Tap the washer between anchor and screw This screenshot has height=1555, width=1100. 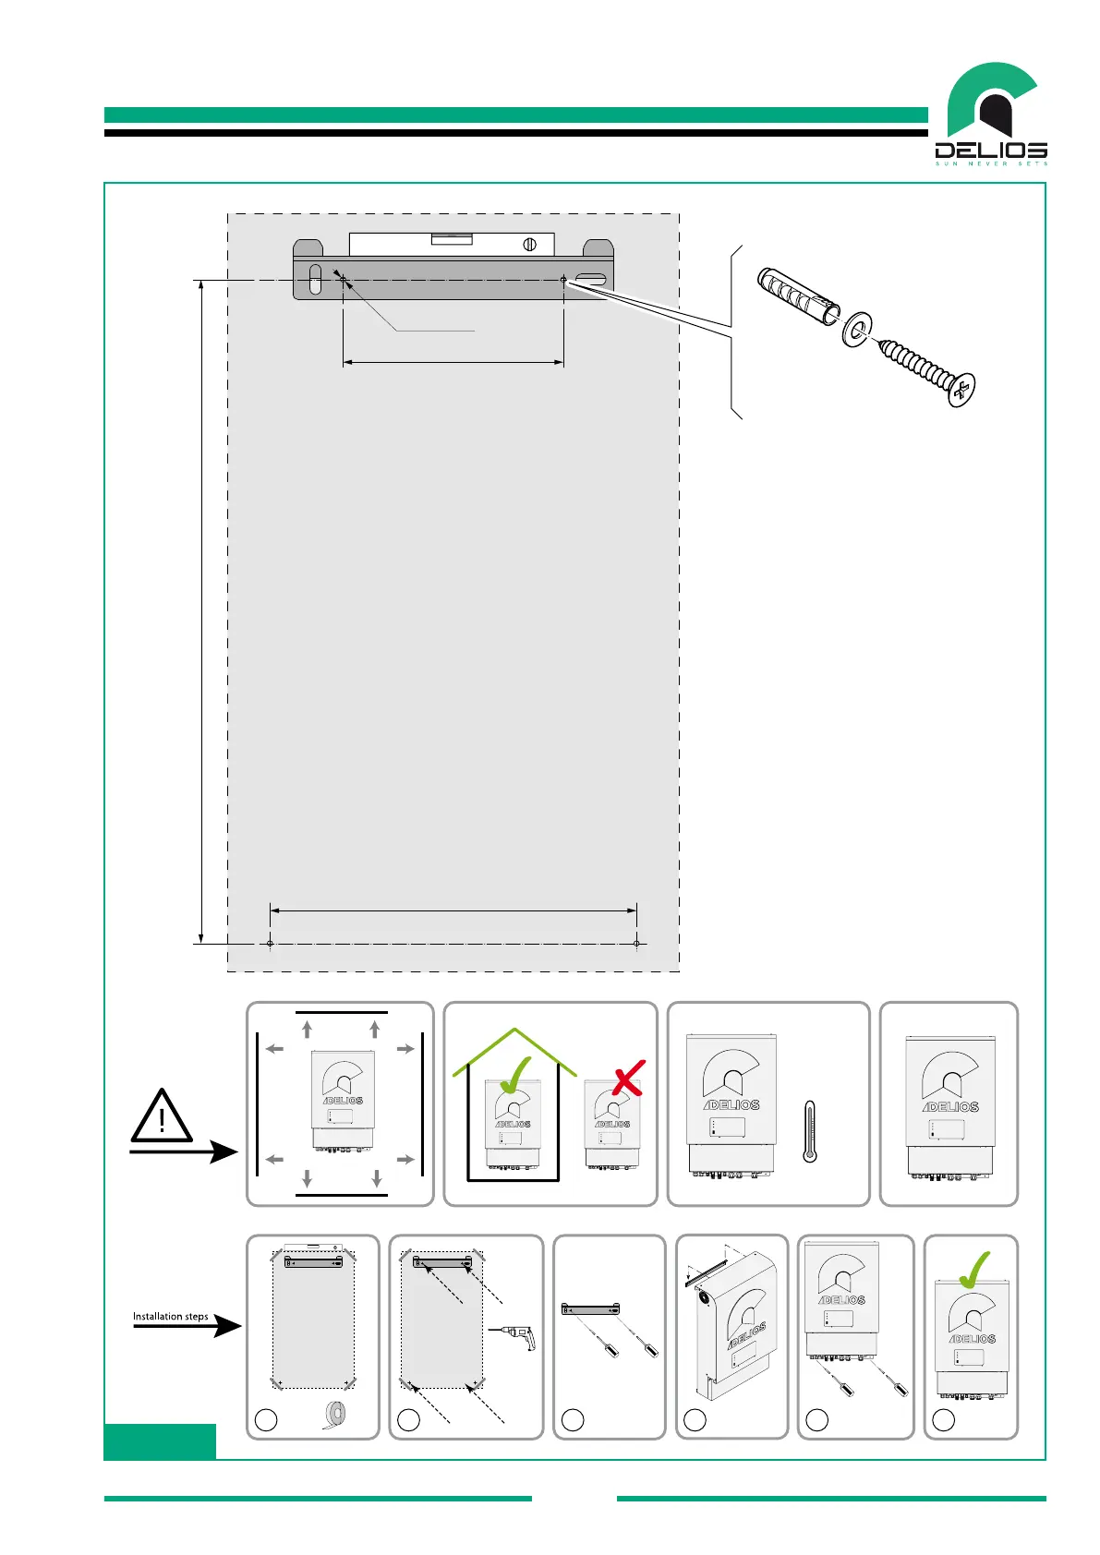[x=859, y=329]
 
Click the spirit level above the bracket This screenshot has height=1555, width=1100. [x=452, y=244]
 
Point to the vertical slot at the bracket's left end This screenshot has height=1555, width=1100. [x=315, y=279]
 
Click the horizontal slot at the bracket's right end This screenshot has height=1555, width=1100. [x=590, y=279]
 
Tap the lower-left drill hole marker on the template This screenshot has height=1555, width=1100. [x=270, y=944]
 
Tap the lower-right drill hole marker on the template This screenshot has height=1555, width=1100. [x=637, y=944]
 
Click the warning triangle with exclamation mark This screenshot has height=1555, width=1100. [x=162, y=1117]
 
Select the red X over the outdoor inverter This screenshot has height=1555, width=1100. [x=628, y=1078]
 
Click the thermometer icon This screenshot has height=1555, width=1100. [x=810, y=1131]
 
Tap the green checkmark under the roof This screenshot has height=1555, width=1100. [x=514, y=1076]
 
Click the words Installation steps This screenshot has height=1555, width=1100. [x=171, y=1316]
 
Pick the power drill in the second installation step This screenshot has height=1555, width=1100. [x=514, y=1336]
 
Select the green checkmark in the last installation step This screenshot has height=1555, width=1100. [x=973, y=1271]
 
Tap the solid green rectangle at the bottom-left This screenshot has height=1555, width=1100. [x=160, y=1441]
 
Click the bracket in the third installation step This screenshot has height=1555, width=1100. [x=591, y=1308]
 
